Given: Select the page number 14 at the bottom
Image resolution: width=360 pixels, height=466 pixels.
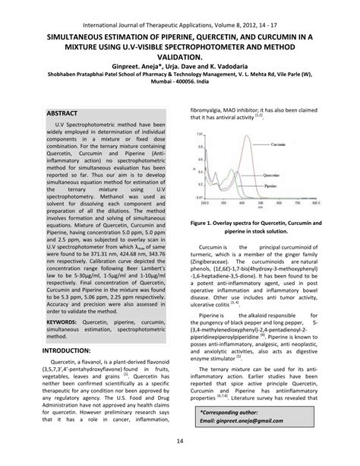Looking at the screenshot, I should point(179,442).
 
